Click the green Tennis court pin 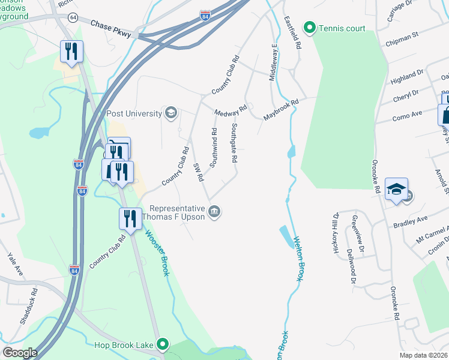click(310, 27)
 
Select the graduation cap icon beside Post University click(171, 113)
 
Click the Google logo click(20, 353)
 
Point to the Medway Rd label click(231, 112)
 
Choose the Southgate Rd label click(235, 144)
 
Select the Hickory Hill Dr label click(337, 232)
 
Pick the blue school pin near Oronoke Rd click(396, 190)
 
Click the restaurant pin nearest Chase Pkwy click(72, 52)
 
